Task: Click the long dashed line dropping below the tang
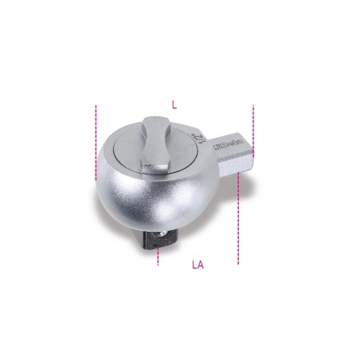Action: click(x=237, y=215)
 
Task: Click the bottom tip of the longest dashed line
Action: click(x=237, y=263)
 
